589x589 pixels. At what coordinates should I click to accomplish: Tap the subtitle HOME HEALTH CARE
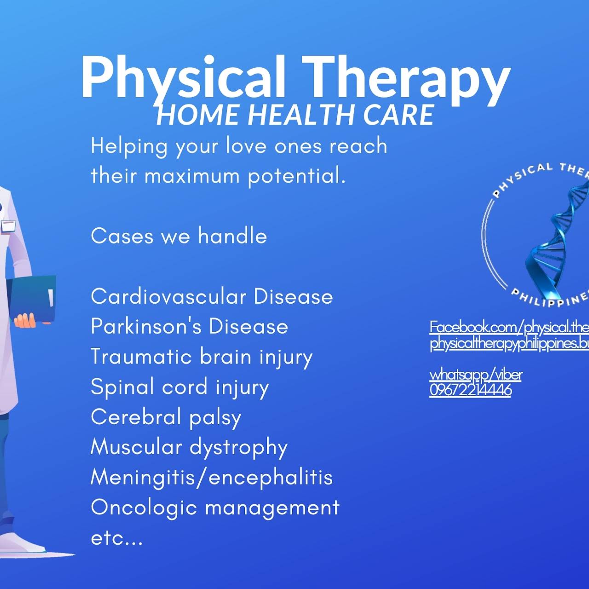295,115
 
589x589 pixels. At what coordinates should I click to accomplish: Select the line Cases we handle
179,237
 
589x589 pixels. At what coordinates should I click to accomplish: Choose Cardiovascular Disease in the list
212,297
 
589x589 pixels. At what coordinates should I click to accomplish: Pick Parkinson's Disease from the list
189,327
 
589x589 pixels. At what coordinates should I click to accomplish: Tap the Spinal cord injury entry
179,387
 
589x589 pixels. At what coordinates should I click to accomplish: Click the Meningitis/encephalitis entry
212,477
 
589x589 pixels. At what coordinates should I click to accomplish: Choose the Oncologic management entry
215,508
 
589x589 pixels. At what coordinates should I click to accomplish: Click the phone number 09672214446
470,390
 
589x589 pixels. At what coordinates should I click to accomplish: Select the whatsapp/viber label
476,375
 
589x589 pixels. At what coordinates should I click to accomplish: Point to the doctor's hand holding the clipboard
25,320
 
